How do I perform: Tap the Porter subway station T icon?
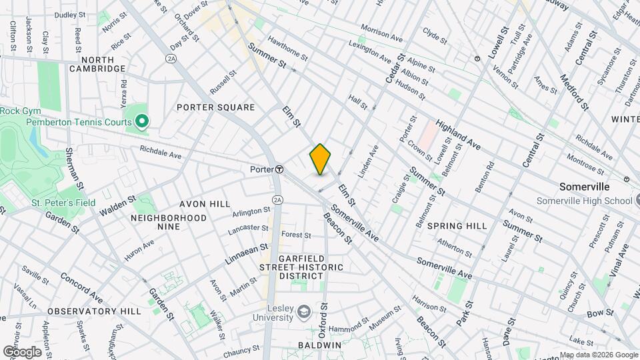click(x=279, y=169)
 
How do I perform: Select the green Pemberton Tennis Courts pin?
click(x=141, y=121)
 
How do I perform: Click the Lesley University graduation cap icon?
click(x=303, y=312)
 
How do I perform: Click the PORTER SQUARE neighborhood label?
click(x=215, y=107)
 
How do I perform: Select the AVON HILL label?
click(x=204, y=204)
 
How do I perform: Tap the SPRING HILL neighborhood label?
click(x=457, y=226)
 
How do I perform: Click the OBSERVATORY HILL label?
click(x=94, y=311)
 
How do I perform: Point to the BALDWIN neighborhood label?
click(x=319, y=345)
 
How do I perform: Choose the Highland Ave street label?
click(x=459, y=134)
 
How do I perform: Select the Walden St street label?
click(x=118, y=205)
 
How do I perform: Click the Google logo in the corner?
click(x=22, y=351)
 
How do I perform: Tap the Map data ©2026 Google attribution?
click(x=598, y=355)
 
